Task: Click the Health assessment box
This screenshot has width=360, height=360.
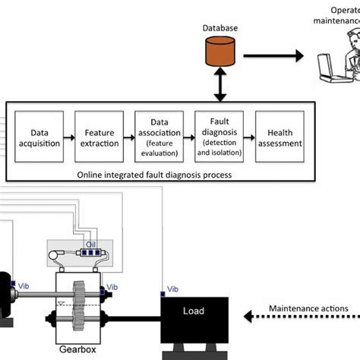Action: (277, 137)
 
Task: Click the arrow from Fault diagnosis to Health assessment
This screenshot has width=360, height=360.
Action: (247, 137)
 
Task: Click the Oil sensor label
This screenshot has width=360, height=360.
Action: (90, 245)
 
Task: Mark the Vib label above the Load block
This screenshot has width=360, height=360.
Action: (173, 290)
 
